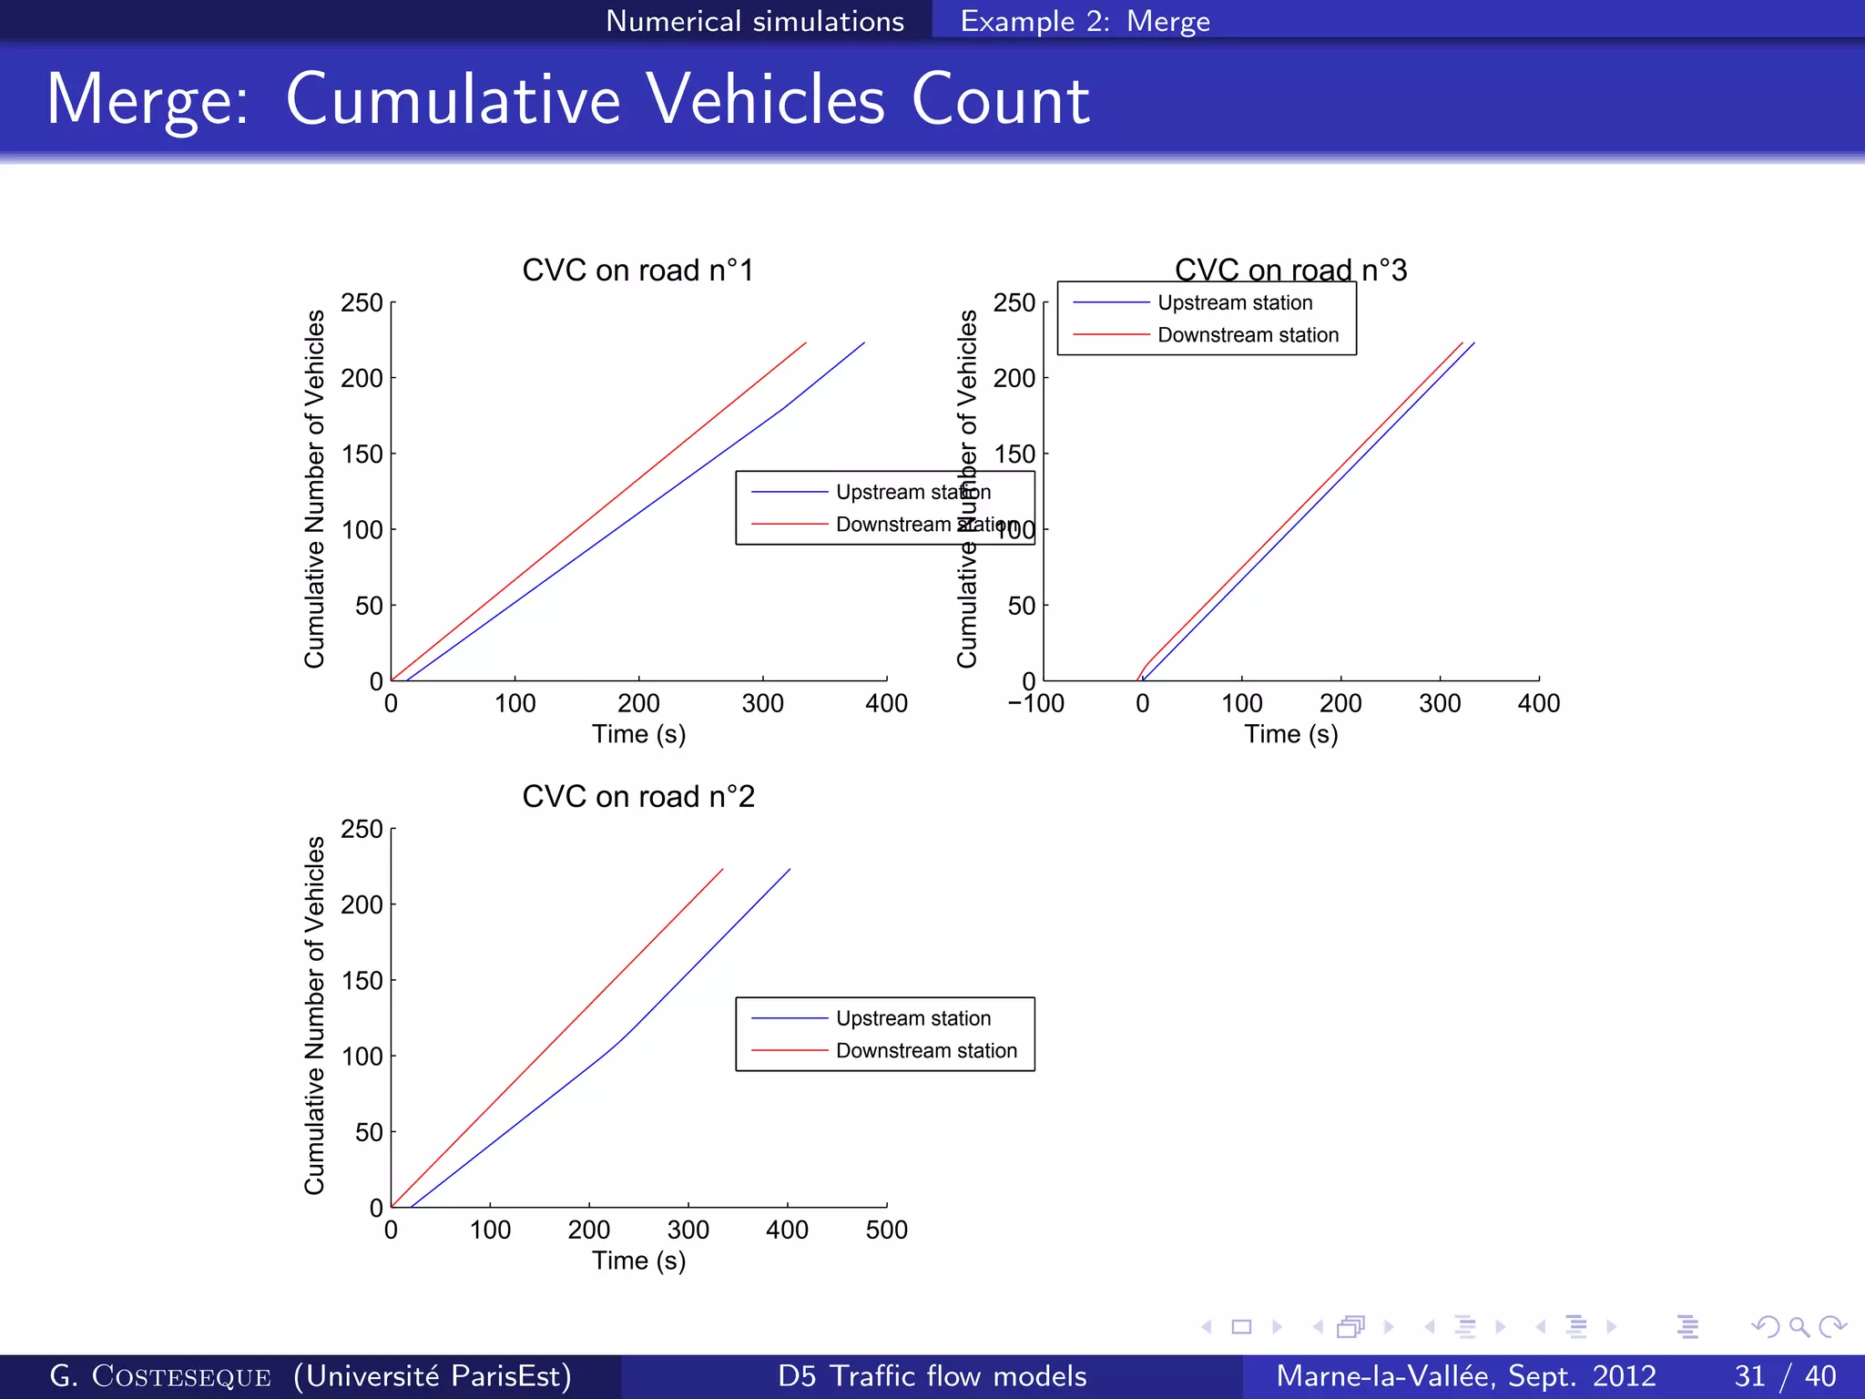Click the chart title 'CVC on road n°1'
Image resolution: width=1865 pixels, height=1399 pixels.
click(637, 271)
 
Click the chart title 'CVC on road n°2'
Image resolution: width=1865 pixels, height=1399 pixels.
click(637, 797)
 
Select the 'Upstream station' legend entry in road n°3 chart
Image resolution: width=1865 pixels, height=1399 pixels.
click(1234, 303)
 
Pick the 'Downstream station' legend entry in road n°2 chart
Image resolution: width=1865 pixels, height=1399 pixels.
click(925, 1051)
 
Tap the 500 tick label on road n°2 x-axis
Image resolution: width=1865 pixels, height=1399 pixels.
click(886, 1231)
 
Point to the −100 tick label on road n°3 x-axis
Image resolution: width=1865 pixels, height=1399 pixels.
click(1035, 704)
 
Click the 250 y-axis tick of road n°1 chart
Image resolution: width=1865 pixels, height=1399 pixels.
click(362, 303)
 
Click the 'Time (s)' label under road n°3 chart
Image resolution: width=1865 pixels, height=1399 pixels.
click(1290, 735)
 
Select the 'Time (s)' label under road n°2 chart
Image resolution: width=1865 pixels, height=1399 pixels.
click(638, 1261)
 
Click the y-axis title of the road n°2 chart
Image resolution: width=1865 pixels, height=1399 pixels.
click(314, 1016)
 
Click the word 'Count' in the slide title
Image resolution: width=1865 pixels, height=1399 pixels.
click(1000, 100)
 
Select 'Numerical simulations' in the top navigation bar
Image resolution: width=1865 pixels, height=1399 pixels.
click(755, 21)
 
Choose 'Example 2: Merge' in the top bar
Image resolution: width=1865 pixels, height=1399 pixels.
click(1085, 21)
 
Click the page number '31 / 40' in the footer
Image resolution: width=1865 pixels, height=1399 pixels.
click(1785, 1375)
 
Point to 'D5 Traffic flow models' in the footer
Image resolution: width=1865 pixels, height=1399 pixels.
click(932, 1375)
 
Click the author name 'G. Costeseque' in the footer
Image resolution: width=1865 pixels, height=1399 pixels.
click(160, 1375)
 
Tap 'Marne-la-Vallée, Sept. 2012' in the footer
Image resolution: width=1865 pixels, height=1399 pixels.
click(1465, 1375)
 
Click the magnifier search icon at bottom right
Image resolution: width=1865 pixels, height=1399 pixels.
click(1799, 1327)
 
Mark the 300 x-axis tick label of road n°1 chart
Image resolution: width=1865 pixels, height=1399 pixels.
click(762, 704)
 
